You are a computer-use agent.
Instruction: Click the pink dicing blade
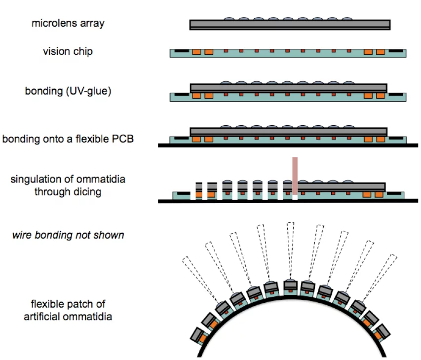pyautogui.click(x=295, y=176)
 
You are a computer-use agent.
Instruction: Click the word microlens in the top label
pyautogui.click(x=51, y=23)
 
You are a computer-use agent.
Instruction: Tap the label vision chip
pyautogui.click(x=67, y=51)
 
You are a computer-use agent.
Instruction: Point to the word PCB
pyautogui.click(x=121, y=139)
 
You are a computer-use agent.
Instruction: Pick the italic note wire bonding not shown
pyautogui.click(x=68, y=235)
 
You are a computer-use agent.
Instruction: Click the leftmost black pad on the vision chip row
pyautogui.click(x=181, y=51)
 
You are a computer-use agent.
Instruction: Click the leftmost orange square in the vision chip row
pyautogui.click(x=196, y=52)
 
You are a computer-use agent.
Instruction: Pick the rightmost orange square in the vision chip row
pyautogui.click(x=380, y=52)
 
